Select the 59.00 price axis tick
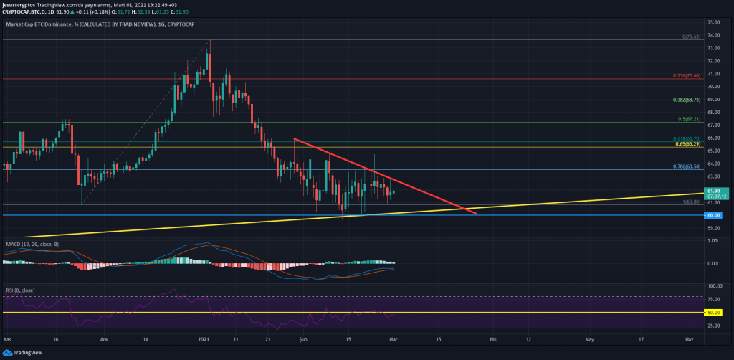pyautogui.click(x=714, y=228)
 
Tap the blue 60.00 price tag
pyautogui.click(x=714, y=215)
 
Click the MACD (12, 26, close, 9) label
pyautogui.click(x=32, y=244)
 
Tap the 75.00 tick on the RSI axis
pyautogui.click(x=714, y=298)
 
